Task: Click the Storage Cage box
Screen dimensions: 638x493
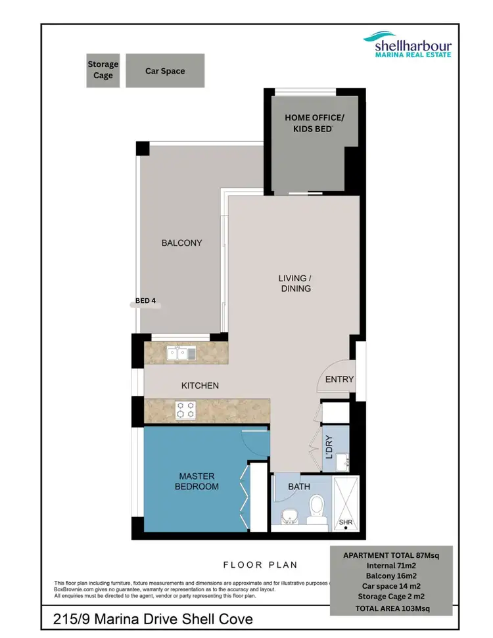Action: pyautogui.click(x=103, y=70)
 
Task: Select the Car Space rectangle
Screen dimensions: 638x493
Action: pyautogui.click(x=165, y=70)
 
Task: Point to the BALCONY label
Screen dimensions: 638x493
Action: pyautogui.click(x=181, y=243)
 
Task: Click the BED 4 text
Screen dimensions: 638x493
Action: pyautogui.click(x=145, y=301)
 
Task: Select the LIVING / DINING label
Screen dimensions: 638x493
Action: pyautogui.click(x=295, y=283)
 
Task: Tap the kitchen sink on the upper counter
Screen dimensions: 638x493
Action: pyautogui.click(x=181, y=353)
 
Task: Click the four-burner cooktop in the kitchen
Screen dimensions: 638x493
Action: pyautogui.click(x=185, y=410)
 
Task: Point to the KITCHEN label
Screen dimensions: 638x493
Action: pyautogui.click(x=199, y=386)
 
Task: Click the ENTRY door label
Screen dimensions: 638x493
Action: pyautogui.click(x=339, y=379)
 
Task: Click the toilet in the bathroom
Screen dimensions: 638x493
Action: pyautogui.click(x=317, y=511)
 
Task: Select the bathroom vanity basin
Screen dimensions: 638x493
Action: pyautogui.click(x=288, y=516)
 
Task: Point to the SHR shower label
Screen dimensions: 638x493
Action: pyautogui.click(x=345, y=522)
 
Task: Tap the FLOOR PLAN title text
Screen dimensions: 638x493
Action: pyautogui.click(x=260, y=564)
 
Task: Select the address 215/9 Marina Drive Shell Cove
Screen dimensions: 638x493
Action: pyautogui.click(x=153, y=619)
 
